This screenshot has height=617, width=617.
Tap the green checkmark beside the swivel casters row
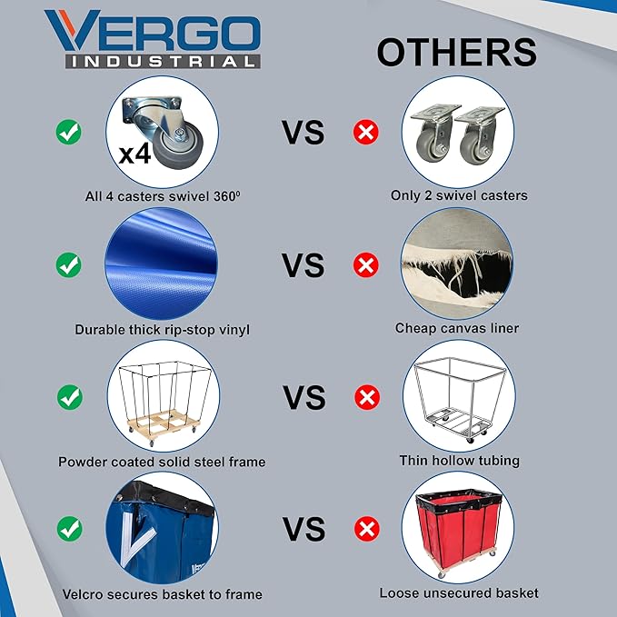click(x=69, y=133)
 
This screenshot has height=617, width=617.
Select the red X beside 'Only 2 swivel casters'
click(x=365, y=133)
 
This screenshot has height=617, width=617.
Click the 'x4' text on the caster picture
click(x=135, y=152)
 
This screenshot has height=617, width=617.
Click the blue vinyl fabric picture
click(x=162, y=264)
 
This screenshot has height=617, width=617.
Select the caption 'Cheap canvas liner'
click(x=457, y=328)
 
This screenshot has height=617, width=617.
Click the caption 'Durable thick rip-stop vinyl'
click(x=162, y=329)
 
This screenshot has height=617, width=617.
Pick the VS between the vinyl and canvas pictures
click(x=303, y=265)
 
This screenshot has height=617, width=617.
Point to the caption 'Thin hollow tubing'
click(x=459, y=461)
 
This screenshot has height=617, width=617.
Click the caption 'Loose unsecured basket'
click(x=459, y=593)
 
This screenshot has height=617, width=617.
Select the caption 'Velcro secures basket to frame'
click(x=162, y=594)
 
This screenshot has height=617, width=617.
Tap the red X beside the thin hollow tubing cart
click(x=365, y=397)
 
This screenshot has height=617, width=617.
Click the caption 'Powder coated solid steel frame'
click(x=162, y=462)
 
